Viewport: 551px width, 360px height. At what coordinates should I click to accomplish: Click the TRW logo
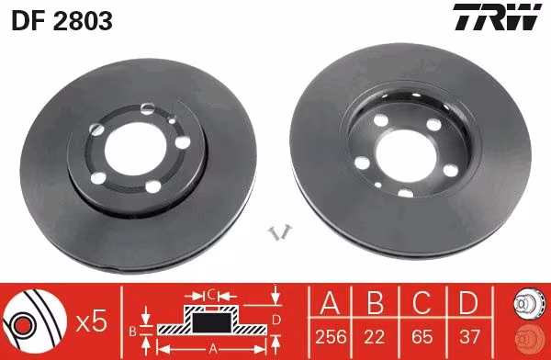pos(497,17)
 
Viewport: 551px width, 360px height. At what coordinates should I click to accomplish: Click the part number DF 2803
pos(62,21)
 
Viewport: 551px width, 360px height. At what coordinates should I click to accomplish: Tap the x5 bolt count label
pos(91,322)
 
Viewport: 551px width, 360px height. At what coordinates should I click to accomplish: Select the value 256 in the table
pos(331,337)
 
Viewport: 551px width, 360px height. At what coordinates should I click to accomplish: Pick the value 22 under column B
pos(375,337)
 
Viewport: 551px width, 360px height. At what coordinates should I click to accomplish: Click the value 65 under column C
pos(422,337)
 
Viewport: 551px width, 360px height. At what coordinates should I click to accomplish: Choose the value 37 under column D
pos(469,337)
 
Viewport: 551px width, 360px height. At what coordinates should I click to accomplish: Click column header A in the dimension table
pos(330,302)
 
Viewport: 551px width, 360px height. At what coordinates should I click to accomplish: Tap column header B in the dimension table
pos(375,302)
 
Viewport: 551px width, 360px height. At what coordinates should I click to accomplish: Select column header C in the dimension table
pos(422,302)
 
